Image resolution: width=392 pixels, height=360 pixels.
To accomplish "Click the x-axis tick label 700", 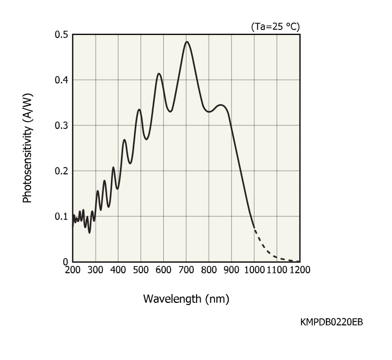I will [x=186, y=270].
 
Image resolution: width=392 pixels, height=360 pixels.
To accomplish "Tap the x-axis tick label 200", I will [x=73, y=270].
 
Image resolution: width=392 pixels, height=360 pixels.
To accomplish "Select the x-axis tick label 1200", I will [x=300, y=270].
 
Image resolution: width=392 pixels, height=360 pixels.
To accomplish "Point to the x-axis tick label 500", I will [x=141, y=270].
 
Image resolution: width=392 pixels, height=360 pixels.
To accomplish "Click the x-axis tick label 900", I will [x=232, y=270].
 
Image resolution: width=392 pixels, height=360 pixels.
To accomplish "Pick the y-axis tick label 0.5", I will [x=62, y=34].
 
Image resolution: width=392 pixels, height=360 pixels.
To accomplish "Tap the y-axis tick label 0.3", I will [x=62, y=125].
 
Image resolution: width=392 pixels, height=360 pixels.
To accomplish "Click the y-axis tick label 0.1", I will [x=62, y=216].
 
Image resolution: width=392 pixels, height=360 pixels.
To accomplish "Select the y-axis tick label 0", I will [x=66, y=261].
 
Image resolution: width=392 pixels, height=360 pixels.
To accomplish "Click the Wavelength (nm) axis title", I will [x=186, y=299].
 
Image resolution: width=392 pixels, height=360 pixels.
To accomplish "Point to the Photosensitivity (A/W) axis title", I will [x=27, y=148].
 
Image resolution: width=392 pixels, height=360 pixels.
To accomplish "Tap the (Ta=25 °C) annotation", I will [x=276, y=26].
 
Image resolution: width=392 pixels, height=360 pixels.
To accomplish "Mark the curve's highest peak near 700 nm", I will [x=186, y=41].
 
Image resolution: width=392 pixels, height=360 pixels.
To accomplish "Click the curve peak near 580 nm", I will [x=158, y=73].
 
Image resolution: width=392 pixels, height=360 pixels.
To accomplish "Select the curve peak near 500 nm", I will [x=139, y=109].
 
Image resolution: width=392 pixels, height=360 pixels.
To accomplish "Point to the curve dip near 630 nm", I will [x=170, y=112].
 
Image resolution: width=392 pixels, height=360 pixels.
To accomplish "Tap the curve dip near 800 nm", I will [x=209, y=112].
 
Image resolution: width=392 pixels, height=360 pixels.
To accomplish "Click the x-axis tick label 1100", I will [x=276, y=270].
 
